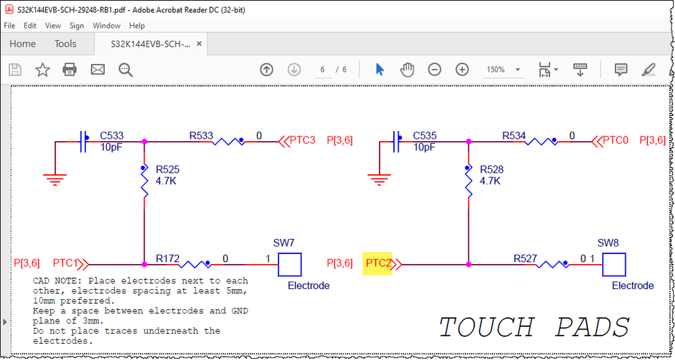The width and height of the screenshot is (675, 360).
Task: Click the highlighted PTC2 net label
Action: (x=378, y=263)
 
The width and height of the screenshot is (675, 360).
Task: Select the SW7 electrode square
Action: (x=290, y=264)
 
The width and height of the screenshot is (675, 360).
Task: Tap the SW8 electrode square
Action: (x=614, y=264)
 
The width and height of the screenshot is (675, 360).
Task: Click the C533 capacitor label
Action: (x=111, y=136)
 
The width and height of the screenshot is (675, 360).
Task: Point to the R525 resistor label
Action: (x=168, y=170)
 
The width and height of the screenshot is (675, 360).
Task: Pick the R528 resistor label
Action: (x=491, y=170)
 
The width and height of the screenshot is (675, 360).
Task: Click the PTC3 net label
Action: (x=302, y=140)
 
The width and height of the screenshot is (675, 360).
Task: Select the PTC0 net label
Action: (x=615, y=140)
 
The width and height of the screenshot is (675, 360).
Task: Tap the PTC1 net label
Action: (x=68, y=263)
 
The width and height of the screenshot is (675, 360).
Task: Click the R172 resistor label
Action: (x=168, y=258)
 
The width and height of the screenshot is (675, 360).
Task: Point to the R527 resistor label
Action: (x=525, y=258)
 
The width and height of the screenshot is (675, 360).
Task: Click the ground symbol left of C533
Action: (x=55, y=178)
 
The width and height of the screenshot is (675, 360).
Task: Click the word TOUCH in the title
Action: (x=486, y=328)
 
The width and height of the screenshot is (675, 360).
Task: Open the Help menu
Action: (x=136, y=26)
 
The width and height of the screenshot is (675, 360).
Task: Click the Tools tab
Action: (x=66, y=44)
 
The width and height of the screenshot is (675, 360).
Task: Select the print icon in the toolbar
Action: (x=70, y=70)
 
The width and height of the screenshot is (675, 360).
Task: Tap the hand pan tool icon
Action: (x=407, y=70)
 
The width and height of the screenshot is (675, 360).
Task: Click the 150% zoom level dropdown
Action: (x=503, y=70)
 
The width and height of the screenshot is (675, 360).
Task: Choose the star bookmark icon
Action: (x=43, y=70)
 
